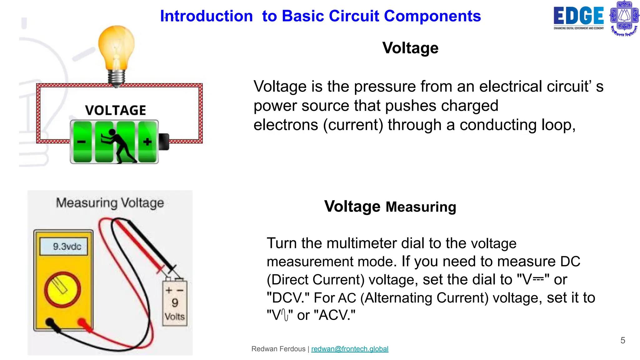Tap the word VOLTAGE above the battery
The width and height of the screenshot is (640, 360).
[x=115, y=110]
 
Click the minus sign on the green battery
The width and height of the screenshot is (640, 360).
[x=81, y=142]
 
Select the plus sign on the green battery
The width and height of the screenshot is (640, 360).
[x=147, y=142]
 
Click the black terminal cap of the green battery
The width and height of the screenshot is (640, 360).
[x=164, y=142]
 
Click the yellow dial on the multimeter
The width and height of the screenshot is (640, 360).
[x=62, y=289]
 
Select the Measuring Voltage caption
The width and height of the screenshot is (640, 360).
[x=110, y=203]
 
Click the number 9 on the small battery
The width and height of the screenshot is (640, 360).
[x=175, y=302]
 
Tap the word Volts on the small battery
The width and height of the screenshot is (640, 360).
[x=175, y=317]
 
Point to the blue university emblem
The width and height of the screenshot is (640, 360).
[x=624, y=18]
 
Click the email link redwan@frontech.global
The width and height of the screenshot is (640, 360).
[x=350, y=349]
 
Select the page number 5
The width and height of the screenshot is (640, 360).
[x=622, y=340]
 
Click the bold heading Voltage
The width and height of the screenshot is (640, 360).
[x=410, y=48]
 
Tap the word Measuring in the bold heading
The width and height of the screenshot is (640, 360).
[x=421, y=207]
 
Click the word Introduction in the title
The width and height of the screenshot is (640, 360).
[x=206, y=16]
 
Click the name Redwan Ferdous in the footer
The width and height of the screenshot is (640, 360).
[x=278, y=349]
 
